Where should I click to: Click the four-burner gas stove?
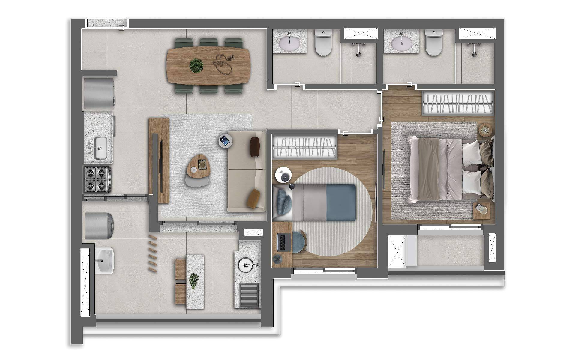(98, 179)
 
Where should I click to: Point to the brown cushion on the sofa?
(255, 147)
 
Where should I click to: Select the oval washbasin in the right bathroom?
(401, 43)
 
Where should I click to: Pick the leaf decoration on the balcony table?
(193, 281)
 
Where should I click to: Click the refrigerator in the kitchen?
(99, 93)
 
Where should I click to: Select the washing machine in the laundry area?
(99, 226)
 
